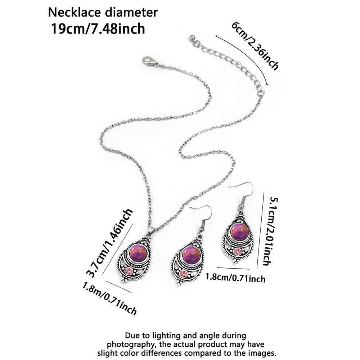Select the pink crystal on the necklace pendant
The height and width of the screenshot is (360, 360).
(x=129, y=271)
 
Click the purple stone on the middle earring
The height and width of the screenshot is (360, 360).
(x=192, y=255)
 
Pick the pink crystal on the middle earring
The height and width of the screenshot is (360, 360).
(x=184, y=274)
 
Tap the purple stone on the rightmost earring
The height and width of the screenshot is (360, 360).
(x=240, y=231)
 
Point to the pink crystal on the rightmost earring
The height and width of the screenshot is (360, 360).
(x=237, y=252)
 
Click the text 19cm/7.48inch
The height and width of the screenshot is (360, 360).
(x=98, y=29)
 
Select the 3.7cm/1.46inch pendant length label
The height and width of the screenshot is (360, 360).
(x=109, y=243)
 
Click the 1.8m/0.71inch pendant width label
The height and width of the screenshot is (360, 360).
(x=109, y=298)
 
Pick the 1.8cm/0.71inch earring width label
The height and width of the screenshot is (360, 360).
(x=235, y=278)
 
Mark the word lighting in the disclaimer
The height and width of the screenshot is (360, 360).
(x=165, y=336)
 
